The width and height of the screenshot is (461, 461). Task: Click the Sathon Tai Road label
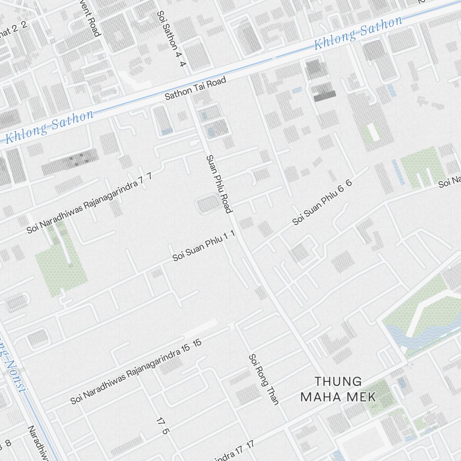(x=196, y=89)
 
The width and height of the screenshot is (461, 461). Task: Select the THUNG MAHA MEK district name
(x=338, y=389)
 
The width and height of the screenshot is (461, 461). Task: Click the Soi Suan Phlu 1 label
(x=204, y=247)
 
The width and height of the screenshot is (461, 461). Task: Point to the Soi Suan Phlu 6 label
(x=322, y=202)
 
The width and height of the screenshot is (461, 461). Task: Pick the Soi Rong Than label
(x=264, y=379)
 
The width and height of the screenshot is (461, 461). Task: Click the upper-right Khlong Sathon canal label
(x=358, y=33)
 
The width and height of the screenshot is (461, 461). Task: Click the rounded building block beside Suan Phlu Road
(x=208, y=204)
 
